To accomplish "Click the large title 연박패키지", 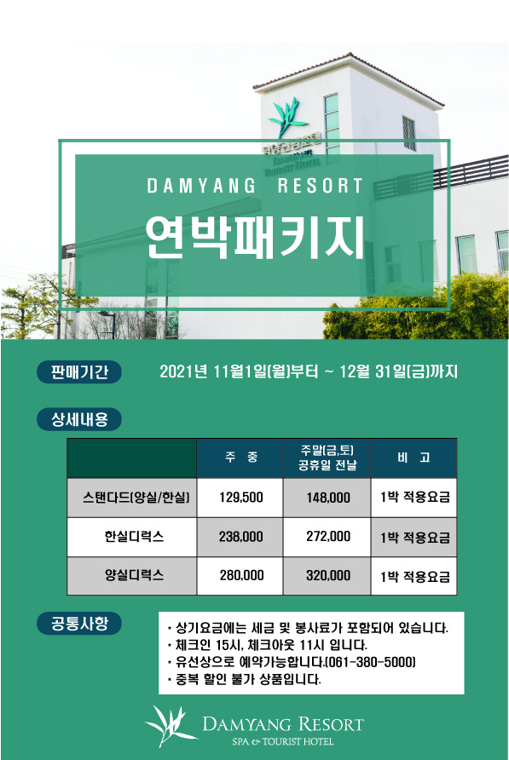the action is pos(255,237).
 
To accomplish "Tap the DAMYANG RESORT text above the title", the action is pos(255,186).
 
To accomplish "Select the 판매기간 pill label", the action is pos(79,371).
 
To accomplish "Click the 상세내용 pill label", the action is pos(79,419).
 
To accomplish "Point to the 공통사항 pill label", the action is pos(79,623).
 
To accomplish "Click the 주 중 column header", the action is pos(241,457).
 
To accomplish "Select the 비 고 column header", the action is pos(414,458).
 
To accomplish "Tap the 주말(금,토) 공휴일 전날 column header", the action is pos(327,458).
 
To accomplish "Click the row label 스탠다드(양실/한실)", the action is pos(136,498).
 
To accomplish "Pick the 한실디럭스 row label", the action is pos(134,536).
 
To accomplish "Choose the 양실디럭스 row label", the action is pos(134,575).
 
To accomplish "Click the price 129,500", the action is pos(241,498).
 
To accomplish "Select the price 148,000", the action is pos(328,498).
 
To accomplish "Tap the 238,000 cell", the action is pos(240,537).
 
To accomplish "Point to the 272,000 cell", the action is pos(328,536).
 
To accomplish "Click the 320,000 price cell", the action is pos(328,575).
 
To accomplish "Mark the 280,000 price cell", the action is pos(241,575).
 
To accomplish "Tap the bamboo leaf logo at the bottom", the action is pos(171,726).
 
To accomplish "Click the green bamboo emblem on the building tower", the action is pos(288,116).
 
